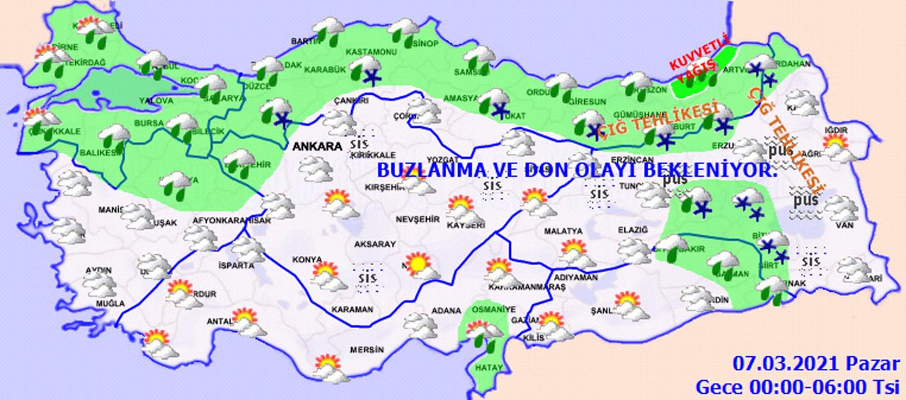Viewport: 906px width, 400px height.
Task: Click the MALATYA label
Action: (x=563, y=231)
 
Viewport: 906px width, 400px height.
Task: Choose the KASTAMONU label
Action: (x=369, y=52)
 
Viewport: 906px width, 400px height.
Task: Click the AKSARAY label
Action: (x=375, y=244)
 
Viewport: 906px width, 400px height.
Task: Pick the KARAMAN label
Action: (x=352, y=310)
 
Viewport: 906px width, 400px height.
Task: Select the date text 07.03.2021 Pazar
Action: (x=816, y=365)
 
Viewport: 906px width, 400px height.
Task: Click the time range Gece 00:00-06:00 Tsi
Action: (x=797, y=387)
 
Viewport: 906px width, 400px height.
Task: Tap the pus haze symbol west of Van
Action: (x=805, y=201)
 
